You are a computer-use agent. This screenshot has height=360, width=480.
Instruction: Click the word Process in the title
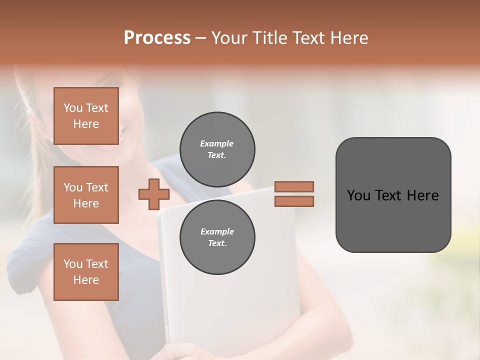click(x=157, y=38)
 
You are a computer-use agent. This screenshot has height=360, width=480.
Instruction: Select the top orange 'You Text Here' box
click(x=86, y=116)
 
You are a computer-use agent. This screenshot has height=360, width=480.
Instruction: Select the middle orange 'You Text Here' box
click(x=86, y=195)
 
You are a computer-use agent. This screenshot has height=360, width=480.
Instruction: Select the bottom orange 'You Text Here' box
click(x=86, y=271)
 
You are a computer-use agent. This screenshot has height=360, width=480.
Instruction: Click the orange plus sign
click(x=153, y=194)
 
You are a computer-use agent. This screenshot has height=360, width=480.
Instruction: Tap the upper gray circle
click(x=217, y=149)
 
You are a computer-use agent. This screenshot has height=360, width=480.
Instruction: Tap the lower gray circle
click(x=217, y=237)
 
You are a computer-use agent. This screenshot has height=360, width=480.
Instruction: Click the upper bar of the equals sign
click(x=294, y=187)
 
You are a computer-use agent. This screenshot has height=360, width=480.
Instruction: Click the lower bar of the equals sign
click(x=294, y=201)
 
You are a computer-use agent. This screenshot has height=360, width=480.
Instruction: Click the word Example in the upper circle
click(x=217, y=144)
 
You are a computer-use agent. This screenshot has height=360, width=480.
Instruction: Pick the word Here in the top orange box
click(x=86, y=124)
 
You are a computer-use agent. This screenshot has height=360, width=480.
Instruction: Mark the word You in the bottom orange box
click(x=73, y=264)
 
